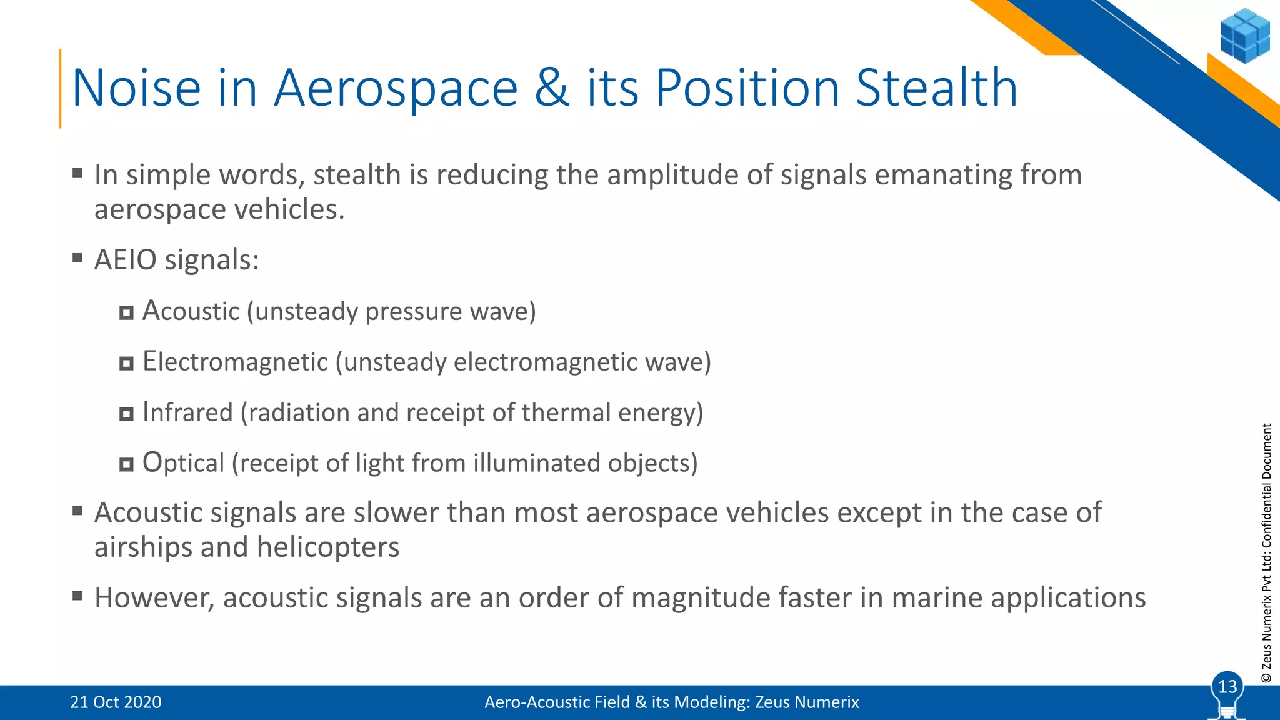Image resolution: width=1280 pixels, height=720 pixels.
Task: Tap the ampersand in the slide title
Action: click(552, 88)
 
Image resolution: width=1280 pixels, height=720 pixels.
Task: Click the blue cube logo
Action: click(1244, 36)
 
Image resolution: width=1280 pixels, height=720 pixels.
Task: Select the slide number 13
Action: click(1227, 687)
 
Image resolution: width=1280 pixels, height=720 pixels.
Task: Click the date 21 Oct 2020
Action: click(116, 702)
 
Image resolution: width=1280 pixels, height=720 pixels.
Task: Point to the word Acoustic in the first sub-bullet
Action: click(191, 311)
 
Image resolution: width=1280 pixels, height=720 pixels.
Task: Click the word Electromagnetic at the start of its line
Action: click(235, 362)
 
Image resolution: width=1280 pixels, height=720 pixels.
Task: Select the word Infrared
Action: click(187, 412)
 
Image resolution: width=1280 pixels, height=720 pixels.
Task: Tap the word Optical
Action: click(183, 463)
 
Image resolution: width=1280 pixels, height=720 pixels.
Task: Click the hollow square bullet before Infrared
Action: click(126, 414)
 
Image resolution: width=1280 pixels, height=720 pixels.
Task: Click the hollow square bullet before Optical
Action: click(126, 464)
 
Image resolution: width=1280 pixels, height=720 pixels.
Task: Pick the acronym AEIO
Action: click(125, 260)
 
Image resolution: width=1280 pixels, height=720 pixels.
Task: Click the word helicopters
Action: click(327, 547)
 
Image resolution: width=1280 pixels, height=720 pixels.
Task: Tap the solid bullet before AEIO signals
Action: click(77, 257)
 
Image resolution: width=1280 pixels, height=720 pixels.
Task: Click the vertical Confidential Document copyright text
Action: click(1266, 553)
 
